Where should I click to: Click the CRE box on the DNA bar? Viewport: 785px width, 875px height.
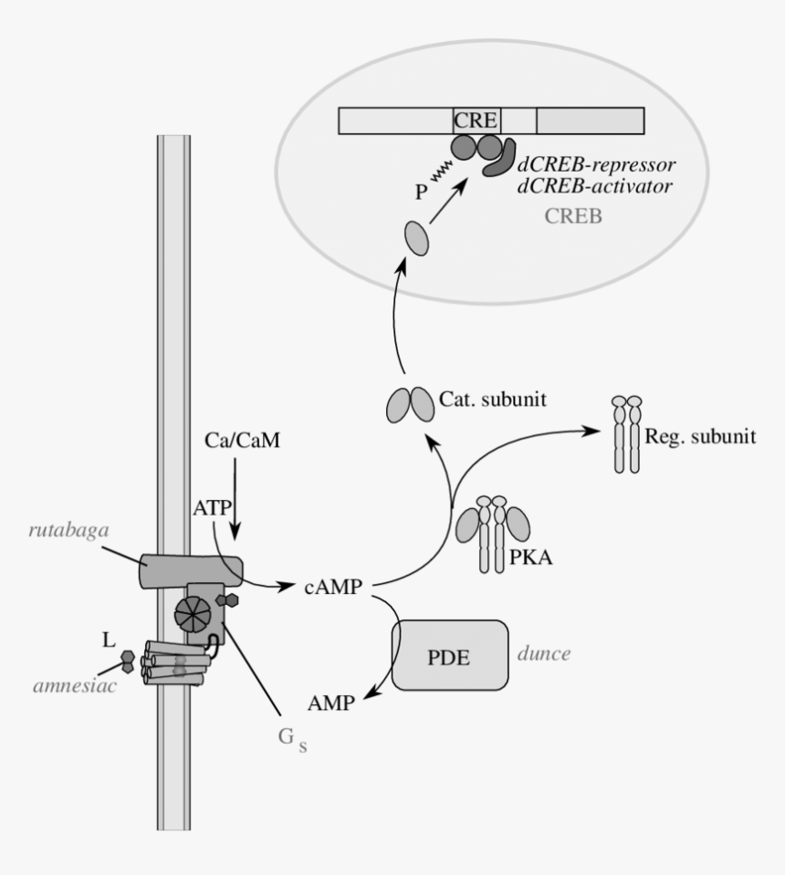(x=477, y=120)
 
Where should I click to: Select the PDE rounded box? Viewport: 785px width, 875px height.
(x=450, y=655)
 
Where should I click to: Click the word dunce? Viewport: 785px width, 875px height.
(x=544, y=653)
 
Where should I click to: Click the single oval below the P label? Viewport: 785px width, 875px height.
(x=416, y=242)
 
